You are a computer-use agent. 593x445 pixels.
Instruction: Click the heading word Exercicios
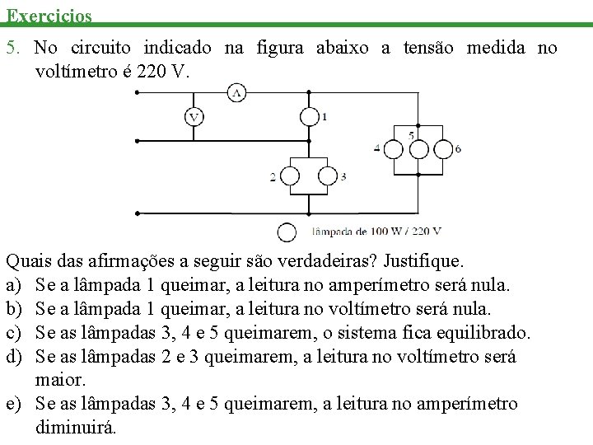[x=49, y=16]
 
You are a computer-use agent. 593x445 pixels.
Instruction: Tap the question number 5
[x=13, y=48]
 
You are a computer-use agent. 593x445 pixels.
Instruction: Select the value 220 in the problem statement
[x=151, y=71]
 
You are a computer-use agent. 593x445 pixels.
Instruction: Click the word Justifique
[x=423, y=261]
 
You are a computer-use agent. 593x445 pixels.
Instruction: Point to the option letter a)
[x=14, y=285]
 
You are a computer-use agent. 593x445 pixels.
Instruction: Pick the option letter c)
[x=14, y=333]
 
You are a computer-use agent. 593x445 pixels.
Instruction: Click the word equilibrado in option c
[x=483, y=333]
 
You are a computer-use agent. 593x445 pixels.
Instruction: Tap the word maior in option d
[x=60, y=380]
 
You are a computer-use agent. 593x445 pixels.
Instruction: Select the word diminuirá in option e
[x=76, y=427]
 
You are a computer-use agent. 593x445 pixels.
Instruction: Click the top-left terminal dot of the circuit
[x=137, y=92]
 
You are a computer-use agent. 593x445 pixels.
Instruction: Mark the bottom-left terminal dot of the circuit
[x=137, y=213]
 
